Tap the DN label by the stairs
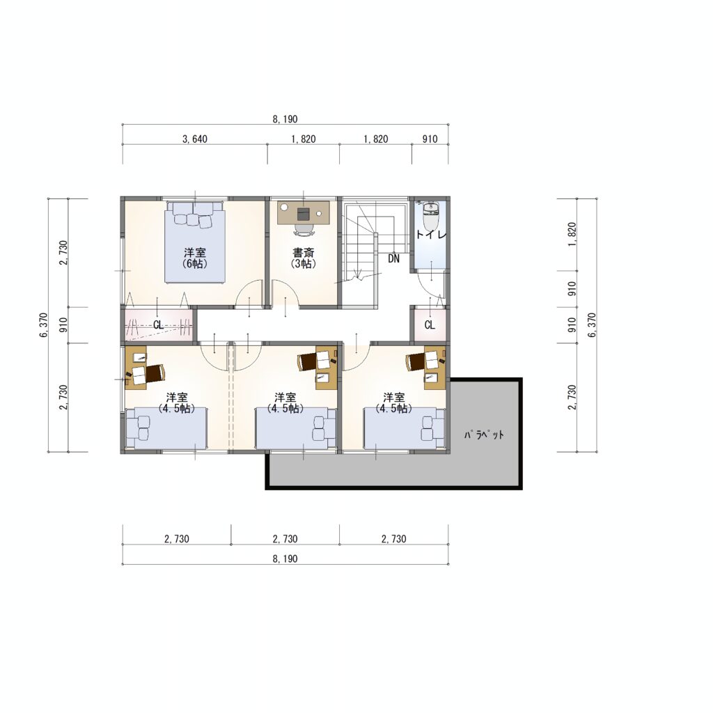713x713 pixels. (x=394, y=259)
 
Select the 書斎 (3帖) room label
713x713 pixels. (x=304, y=258)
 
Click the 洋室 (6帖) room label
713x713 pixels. (x=195, y=258)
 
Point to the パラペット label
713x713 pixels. (x=484, y=434)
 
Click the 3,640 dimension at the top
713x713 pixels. (x=195, y=139)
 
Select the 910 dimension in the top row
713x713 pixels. (x=430, y=139)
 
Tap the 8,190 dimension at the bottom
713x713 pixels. (x=285, y=559)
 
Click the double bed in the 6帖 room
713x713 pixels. (x=195, y=242)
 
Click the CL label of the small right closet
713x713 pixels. (x=430, y=325)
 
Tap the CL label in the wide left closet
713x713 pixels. (x=158, y=325)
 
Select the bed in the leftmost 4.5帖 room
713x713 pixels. (x=166, y=428)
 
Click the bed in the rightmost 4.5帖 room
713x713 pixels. (x=405, y=428)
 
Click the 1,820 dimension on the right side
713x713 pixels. (x=572, y=234)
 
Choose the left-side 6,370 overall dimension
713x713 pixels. (x=44, y=324)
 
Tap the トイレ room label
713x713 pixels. (x=431, y=235)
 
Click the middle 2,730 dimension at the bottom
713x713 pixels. (x=285, y=539)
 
